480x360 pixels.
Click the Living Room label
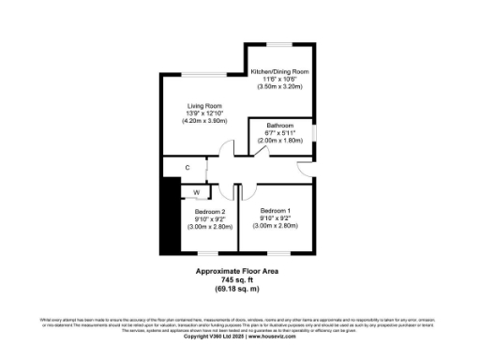point(203,106)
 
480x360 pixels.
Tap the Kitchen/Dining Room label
point(279,71)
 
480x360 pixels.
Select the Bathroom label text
point(279,125)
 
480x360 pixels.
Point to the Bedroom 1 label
point(276,210)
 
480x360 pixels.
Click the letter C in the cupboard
point(187,168)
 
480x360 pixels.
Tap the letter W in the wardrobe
point(197,192)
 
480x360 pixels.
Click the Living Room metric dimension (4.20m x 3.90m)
point(203,121)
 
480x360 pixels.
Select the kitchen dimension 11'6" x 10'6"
point(279,79)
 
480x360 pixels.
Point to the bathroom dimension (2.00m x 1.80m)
point(279,140)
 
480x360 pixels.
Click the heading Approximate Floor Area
point(236,271)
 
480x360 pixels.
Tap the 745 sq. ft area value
point(236,279)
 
